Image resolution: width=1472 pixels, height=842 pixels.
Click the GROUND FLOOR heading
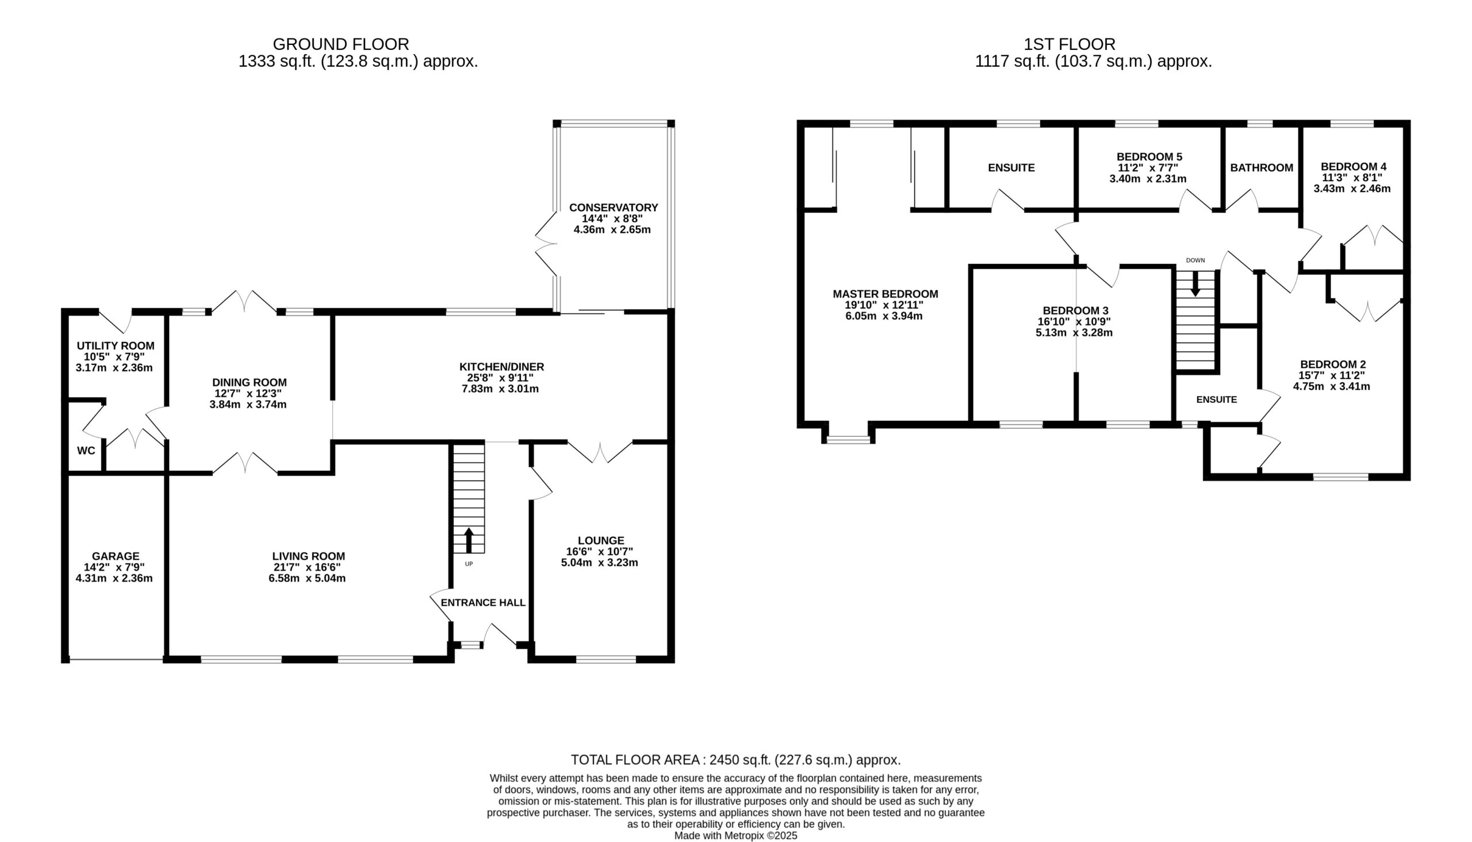coord(340,44)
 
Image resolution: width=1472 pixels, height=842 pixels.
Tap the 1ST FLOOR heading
coord(1069,44)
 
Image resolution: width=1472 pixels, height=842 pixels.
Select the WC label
coord(86,451)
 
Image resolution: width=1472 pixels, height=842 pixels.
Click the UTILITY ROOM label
coord(116,346)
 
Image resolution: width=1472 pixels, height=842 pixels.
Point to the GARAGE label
coord(116,556)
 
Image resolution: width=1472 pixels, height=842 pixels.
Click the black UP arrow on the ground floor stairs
coord(469,540)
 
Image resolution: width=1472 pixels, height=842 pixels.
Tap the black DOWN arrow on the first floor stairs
coord(1194,284)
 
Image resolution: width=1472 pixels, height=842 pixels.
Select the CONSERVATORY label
coord(614,207)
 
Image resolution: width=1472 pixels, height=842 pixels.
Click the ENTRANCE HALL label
coord(483,602)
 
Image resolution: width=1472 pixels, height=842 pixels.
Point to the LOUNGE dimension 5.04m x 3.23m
coord(600,562)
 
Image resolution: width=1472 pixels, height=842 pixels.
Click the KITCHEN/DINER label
coord(502,367)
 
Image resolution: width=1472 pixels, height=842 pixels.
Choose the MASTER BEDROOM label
coord(885,294)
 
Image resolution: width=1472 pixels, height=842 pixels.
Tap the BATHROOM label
coord(1262,168)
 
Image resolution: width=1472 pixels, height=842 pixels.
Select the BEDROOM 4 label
coord(1354,167)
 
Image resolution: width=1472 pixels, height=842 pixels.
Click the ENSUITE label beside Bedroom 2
coord(1217,399)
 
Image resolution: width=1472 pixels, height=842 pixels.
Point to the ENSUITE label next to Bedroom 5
coord(1011,168)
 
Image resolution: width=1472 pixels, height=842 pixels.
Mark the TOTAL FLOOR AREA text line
coord(735,760)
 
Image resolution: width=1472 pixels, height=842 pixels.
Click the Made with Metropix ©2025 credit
coord(735,836)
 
